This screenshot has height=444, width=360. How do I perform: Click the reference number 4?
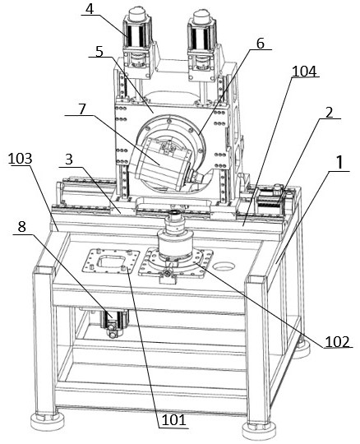click(x=90, y=9)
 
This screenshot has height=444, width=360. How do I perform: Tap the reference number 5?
click(x=99, y=52)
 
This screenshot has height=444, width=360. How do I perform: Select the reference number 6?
click(x=260, y=44)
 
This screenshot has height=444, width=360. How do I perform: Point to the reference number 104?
click(x=304, y=71)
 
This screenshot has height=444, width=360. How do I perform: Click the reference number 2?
click(x=329, y=113)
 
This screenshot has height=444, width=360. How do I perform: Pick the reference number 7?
click(x=82, y=109)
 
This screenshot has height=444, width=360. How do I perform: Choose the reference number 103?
click(x=20, y=159)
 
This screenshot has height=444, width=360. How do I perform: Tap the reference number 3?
click(x=69, y=160)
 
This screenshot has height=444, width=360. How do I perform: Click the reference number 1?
click(x=339, y=163)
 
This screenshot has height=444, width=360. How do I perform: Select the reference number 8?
click(x=22, y=227)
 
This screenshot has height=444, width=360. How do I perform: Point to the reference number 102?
click(x=337, y=341)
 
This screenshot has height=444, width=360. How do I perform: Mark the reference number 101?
click(x=174, y=420)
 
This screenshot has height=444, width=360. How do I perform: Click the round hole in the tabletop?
click(x=224, y=266)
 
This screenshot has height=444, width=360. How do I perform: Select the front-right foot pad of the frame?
click(x=260, y=432)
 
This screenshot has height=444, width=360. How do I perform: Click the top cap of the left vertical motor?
click(x=137, y=15)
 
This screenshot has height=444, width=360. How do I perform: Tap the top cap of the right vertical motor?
click(x=201, y=16)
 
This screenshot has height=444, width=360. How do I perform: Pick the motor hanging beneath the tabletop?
click(x=115, y=323)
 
